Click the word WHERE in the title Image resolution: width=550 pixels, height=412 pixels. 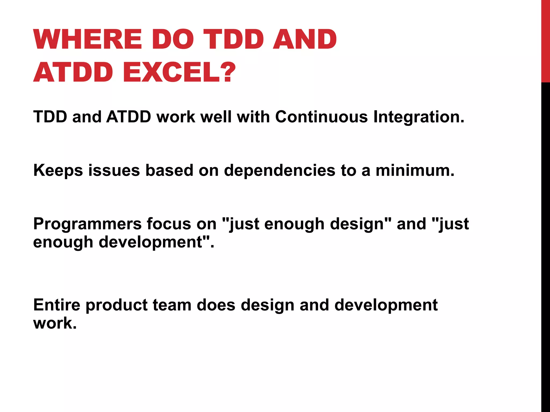88,39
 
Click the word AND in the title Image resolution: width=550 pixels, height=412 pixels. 305,39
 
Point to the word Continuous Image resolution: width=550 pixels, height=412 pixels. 321,117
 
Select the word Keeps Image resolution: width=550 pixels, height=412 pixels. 58,171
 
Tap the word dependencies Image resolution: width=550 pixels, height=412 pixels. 280,171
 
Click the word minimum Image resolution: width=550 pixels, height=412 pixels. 415,171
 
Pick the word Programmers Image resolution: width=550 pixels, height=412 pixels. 87,224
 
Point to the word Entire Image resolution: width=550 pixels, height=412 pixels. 57,305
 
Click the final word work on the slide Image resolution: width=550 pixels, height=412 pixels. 55,323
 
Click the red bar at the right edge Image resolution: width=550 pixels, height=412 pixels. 545,40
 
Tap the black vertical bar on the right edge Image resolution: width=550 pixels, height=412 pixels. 545,241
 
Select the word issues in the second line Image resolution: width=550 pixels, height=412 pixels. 114,171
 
